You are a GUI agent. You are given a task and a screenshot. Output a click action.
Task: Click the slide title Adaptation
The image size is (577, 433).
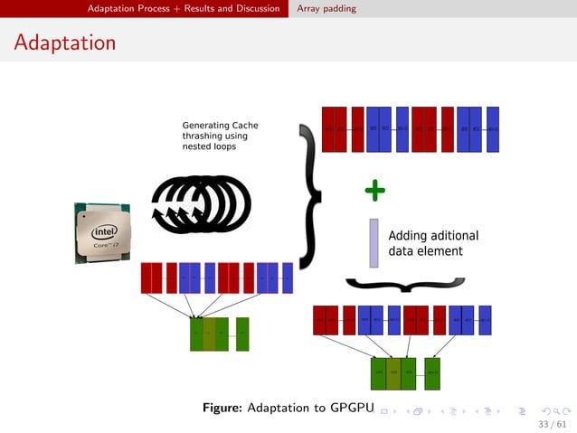[x=65, y=42]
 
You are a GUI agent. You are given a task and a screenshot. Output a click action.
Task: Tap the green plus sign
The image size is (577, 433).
[x=374, y=190]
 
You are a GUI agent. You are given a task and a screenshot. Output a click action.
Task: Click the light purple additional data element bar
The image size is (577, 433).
[x=374, y=243]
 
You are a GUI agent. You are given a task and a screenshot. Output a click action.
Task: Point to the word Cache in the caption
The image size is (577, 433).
[x=244, y=125]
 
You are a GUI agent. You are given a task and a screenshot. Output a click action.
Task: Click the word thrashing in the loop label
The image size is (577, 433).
[x=203, y=136]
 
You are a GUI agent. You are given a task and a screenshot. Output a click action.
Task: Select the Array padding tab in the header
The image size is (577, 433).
[x=326, y=8]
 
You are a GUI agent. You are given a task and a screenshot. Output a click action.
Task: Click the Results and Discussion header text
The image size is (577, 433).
[x=232, y=8]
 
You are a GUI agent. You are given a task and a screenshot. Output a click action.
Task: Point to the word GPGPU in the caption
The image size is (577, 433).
[x=353, y=409]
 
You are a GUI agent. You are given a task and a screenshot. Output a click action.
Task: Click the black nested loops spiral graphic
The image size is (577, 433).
[x=200, y=204]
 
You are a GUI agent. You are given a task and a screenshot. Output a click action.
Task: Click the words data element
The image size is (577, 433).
[x=425, y=251]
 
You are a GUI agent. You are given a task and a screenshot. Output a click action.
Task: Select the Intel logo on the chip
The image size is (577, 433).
[x=103, y=230]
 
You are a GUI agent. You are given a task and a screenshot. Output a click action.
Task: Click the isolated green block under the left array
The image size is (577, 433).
[x=242, y=334]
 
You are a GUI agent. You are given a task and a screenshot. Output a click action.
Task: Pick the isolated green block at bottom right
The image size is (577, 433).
[x=432, y=372]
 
